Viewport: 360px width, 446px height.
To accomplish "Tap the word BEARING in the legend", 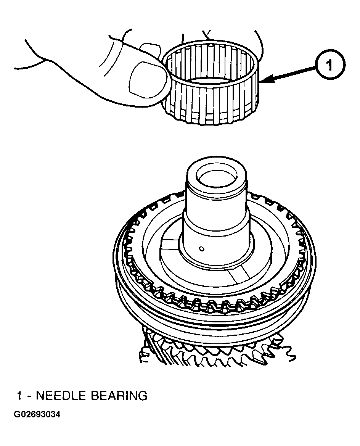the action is [x=119, y=396].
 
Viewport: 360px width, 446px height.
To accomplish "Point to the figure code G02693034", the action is [x=37, y=414].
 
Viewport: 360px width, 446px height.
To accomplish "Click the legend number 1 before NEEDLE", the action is [x=19, y=396].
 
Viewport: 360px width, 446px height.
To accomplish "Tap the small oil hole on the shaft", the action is [x=202, y=249].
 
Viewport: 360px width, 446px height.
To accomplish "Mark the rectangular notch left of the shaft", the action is [x=170, y=242].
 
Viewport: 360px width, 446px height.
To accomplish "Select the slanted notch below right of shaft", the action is [x=239, y=276].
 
